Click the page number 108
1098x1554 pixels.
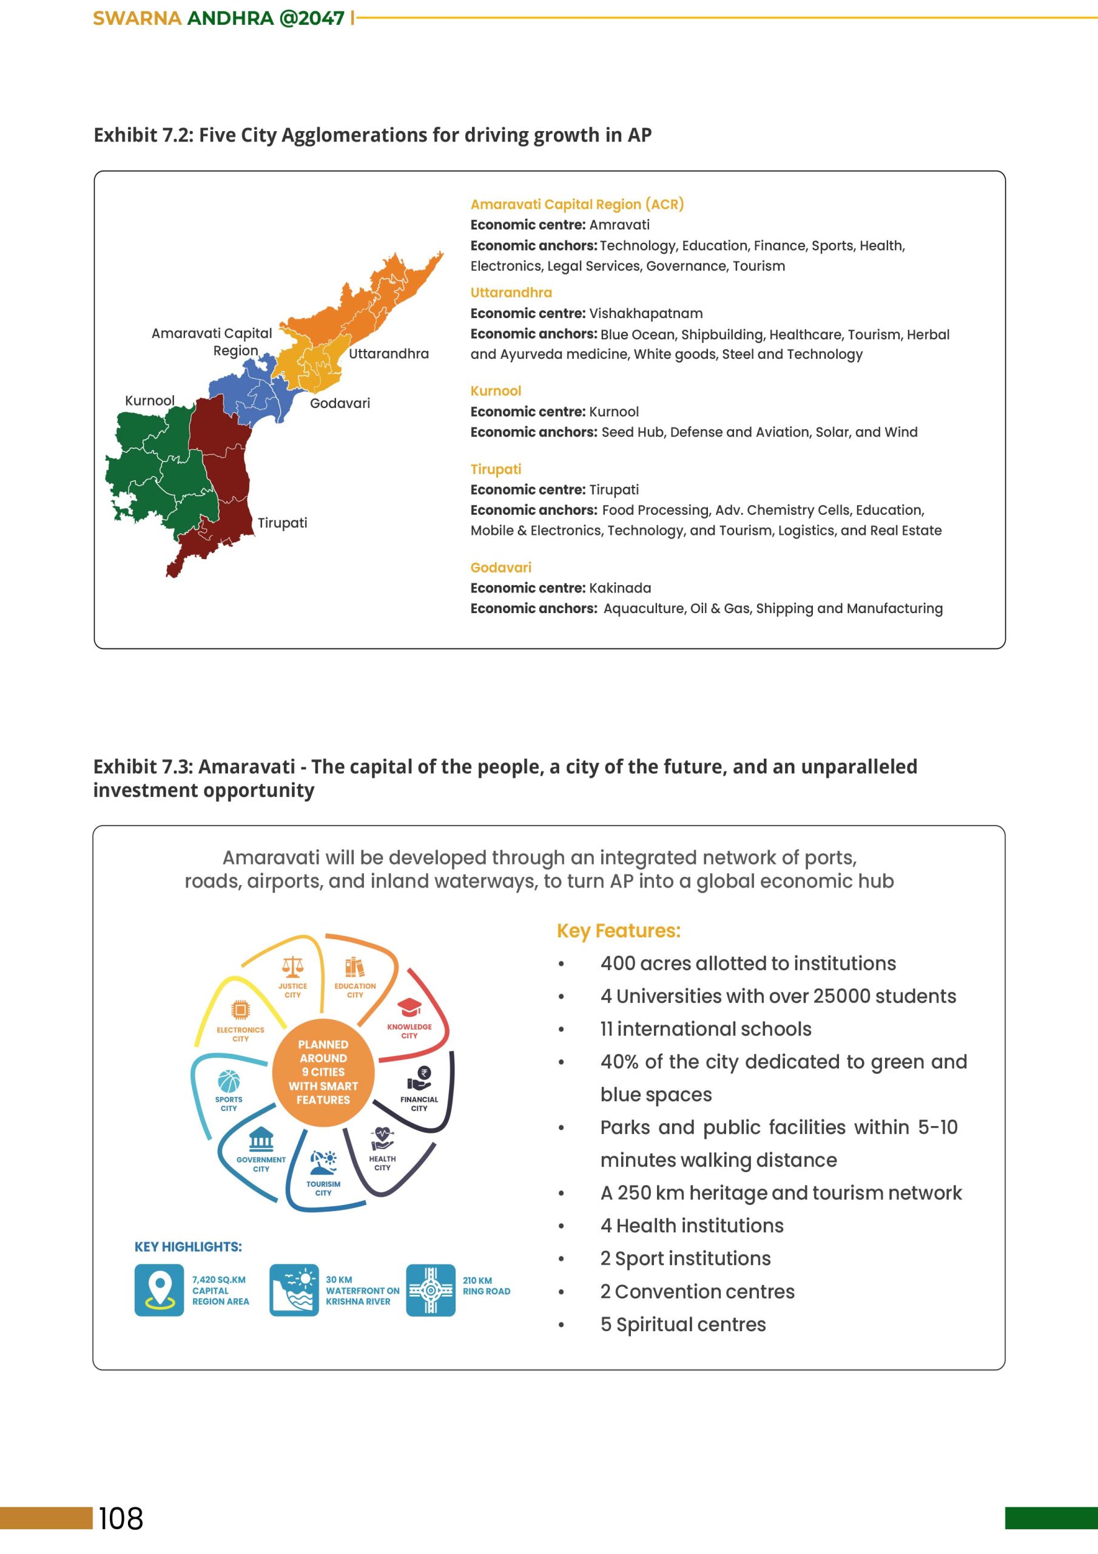[121, 1518]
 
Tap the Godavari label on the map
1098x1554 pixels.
[340, 404]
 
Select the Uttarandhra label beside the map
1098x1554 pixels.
[388, 353]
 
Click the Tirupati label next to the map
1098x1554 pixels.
[282, 523]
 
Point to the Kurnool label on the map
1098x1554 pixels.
[149, 401]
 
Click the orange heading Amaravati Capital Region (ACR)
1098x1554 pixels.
[577, 205]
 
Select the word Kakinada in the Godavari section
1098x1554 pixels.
[620, 588]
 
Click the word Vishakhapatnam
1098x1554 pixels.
[645, 313]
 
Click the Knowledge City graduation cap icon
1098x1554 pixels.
[409, 1008]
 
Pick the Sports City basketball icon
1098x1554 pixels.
[229, 1081]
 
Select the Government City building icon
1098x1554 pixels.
[261, 1140]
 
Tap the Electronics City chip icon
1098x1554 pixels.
[240, 1010]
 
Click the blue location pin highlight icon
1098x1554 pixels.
[159, 1290]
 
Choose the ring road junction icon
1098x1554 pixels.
[430, 1290]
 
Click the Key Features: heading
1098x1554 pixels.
[618, 931]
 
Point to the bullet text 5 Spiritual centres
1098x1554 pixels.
[682, 1325]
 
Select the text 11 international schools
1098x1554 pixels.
[706, 1029]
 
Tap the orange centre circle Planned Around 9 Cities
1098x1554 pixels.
[323, 1072]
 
